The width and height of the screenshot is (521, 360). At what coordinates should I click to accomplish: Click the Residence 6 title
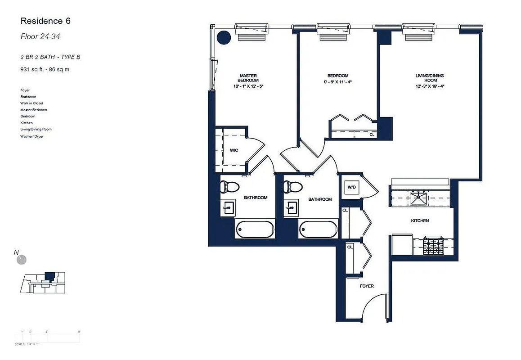coord(45,21)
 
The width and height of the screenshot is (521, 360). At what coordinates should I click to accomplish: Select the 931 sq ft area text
coord(45,69)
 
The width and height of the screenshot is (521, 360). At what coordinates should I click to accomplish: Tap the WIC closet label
coord(234,150)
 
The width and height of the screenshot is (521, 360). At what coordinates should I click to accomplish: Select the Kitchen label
coord(419,220)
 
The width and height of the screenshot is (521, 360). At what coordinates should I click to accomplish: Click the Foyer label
coord(366,286)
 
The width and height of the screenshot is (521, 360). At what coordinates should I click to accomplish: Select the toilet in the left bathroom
coord(230,186)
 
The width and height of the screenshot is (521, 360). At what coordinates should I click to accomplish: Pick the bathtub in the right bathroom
coord(319,229)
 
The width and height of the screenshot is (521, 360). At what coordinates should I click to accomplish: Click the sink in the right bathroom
coord(292,208)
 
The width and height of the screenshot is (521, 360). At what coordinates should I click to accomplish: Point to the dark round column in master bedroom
coord(224,37)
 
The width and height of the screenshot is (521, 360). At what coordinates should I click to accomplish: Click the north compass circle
coord(21,260)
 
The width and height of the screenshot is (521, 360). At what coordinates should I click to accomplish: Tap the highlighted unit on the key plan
coord(49,275)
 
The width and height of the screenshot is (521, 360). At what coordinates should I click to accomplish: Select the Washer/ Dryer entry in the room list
coord(32,136)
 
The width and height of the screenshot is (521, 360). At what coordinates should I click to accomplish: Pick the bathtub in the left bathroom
coord(255,229)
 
